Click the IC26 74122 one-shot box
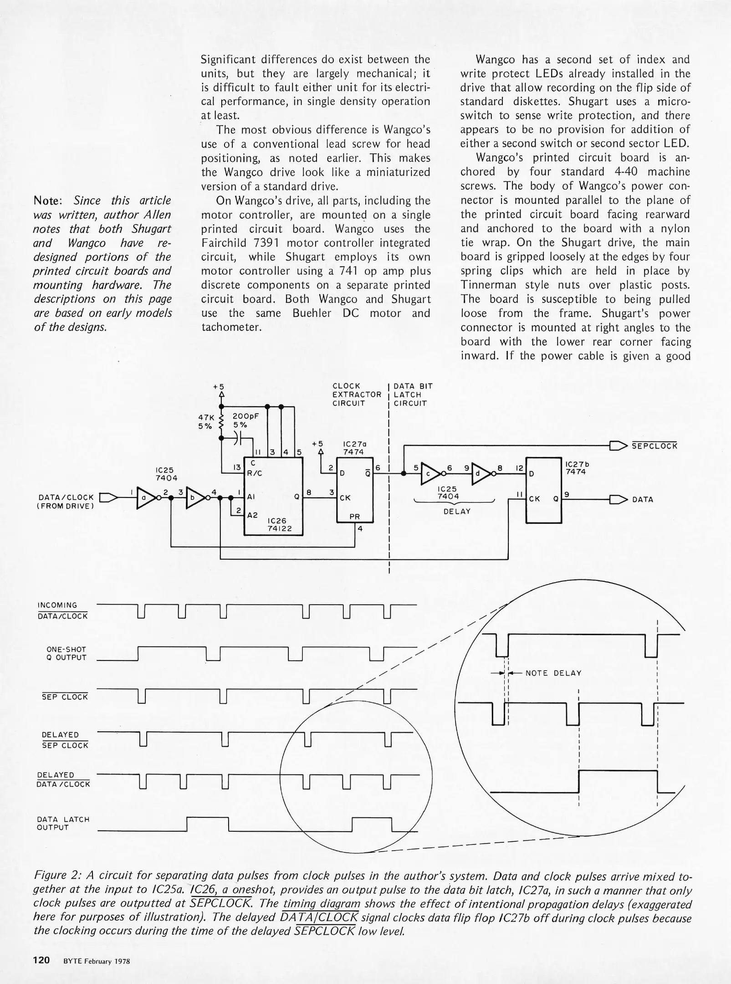pos(273,496)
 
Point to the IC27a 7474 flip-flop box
pos(355,490)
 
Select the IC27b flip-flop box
pos(544,490)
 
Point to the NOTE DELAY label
pos(553,673)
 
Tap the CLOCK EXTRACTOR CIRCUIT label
pos(356,395)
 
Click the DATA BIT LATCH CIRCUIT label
pos(413,395)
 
